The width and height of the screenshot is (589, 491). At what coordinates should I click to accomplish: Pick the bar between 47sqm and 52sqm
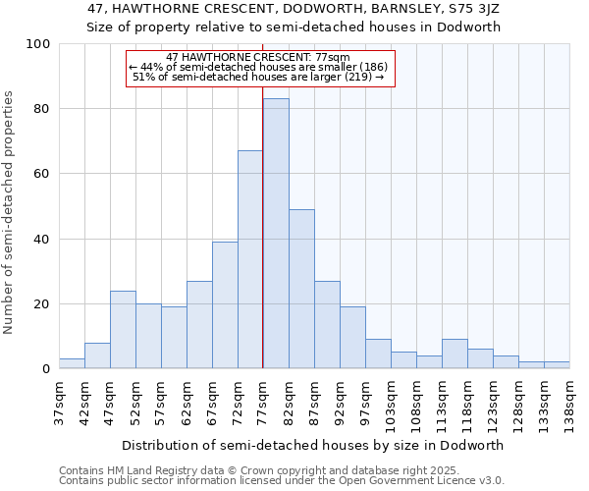(x=123, y=330)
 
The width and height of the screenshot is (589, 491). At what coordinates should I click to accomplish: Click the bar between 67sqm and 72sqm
(x=225, y=305)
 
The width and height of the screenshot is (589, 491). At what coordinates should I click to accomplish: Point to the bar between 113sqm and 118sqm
(x=455, y=354)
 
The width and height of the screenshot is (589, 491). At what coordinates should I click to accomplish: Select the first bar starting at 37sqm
(x=72, y=363)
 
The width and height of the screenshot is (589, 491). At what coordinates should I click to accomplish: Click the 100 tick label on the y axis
(x=38, y=44)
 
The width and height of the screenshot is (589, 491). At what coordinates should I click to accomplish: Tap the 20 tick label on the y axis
(x=42, y=304)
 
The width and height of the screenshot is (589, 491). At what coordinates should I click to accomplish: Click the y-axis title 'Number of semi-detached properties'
(x=9, y=212)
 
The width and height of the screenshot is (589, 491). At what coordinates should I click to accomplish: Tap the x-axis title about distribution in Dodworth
(x=313, y=445)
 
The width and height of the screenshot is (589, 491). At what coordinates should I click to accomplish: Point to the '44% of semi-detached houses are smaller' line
(x=259, y=67)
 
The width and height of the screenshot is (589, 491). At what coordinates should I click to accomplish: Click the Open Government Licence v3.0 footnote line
(x=282, y=481)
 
